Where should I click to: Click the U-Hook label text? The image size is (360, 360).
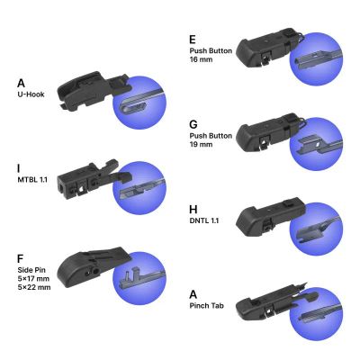pos(31,94)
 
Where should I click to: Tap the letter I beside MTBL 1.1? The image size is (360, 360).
pos(19,168)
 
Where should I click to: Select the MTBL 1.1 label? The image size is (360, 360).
pos(32,180)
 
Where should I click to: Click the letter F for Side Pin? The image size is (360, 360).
pos(21,258)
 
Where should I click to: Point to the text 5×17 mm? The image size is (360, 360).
pos(33,278)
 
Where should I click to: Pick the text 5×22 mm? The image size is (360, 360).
pos(34,287)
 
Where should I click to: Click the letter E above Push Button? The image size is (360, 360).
pos(193,40)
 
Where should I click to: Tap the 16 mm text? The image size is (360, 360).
pos(201,59)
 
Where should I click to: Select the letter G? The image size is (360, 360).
pos(193,124)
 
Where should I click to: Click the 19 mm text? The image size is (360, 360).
pos(201,144)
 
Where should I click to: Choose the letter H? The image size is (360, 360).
pos(193,210)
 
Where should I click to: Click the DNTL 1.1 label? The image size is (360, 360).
pos(204,220)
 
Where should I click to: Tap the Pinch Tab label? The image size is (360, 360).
pos(207,306)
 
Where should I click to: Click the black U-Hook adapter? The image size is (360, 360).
pos(92,89)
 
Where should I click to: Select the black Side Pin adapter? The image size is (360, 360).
pos(93,265)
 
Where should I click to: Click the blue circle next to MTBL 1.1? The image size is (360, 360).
pos(139,188)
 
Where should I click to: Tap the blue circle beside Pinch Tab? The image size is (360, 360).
pos(316,314)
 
